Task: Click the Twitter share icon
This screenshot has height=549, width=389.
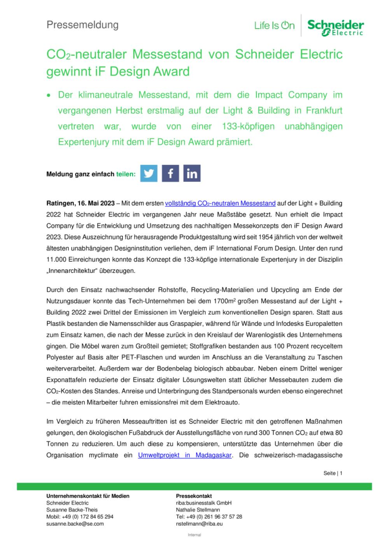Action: pyautogui.click(x=149, y=174)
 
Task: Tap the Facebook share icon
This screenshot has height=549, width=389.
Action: pyautogui.click(x=170, y=174)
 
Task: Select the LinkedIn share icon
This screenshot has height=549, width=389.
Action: pyautogui.click(x=192, y=174)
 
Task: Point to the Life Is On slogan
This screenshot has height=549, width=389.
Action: pyautogui.click(x=274, y=26)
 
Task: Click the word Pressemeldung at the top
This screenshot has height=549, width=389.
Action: pyautogui.click(x=82, y=25)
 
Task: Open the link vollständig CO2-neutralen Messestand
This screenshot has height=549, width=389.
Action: pyautogui.click(x=220, y=203)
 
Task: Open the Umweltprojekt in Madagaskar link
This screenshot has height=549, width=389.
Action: pyautogui.click(x=185, y=455)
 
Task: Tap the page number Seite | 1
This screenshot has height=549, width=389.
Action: pyautogui.click(x=333, y=473)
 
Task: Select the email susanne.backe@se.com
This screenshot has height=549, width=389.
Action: pyautogui.click(x=75, y=524)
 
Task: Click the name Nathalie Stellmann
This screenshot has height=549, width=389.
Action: pyautogui.click(x=198, y=510)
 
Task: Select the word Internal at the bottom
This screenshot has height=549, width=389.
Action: pyautogui.click(x=194, y=535)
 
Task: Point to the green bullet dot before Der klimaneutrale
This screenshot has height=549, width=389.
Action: pyautogui.click(x=49, y=96)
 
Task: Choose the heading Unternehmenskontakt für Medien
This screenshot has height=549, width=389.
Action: pyautogui.click(x=88, y=496)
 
